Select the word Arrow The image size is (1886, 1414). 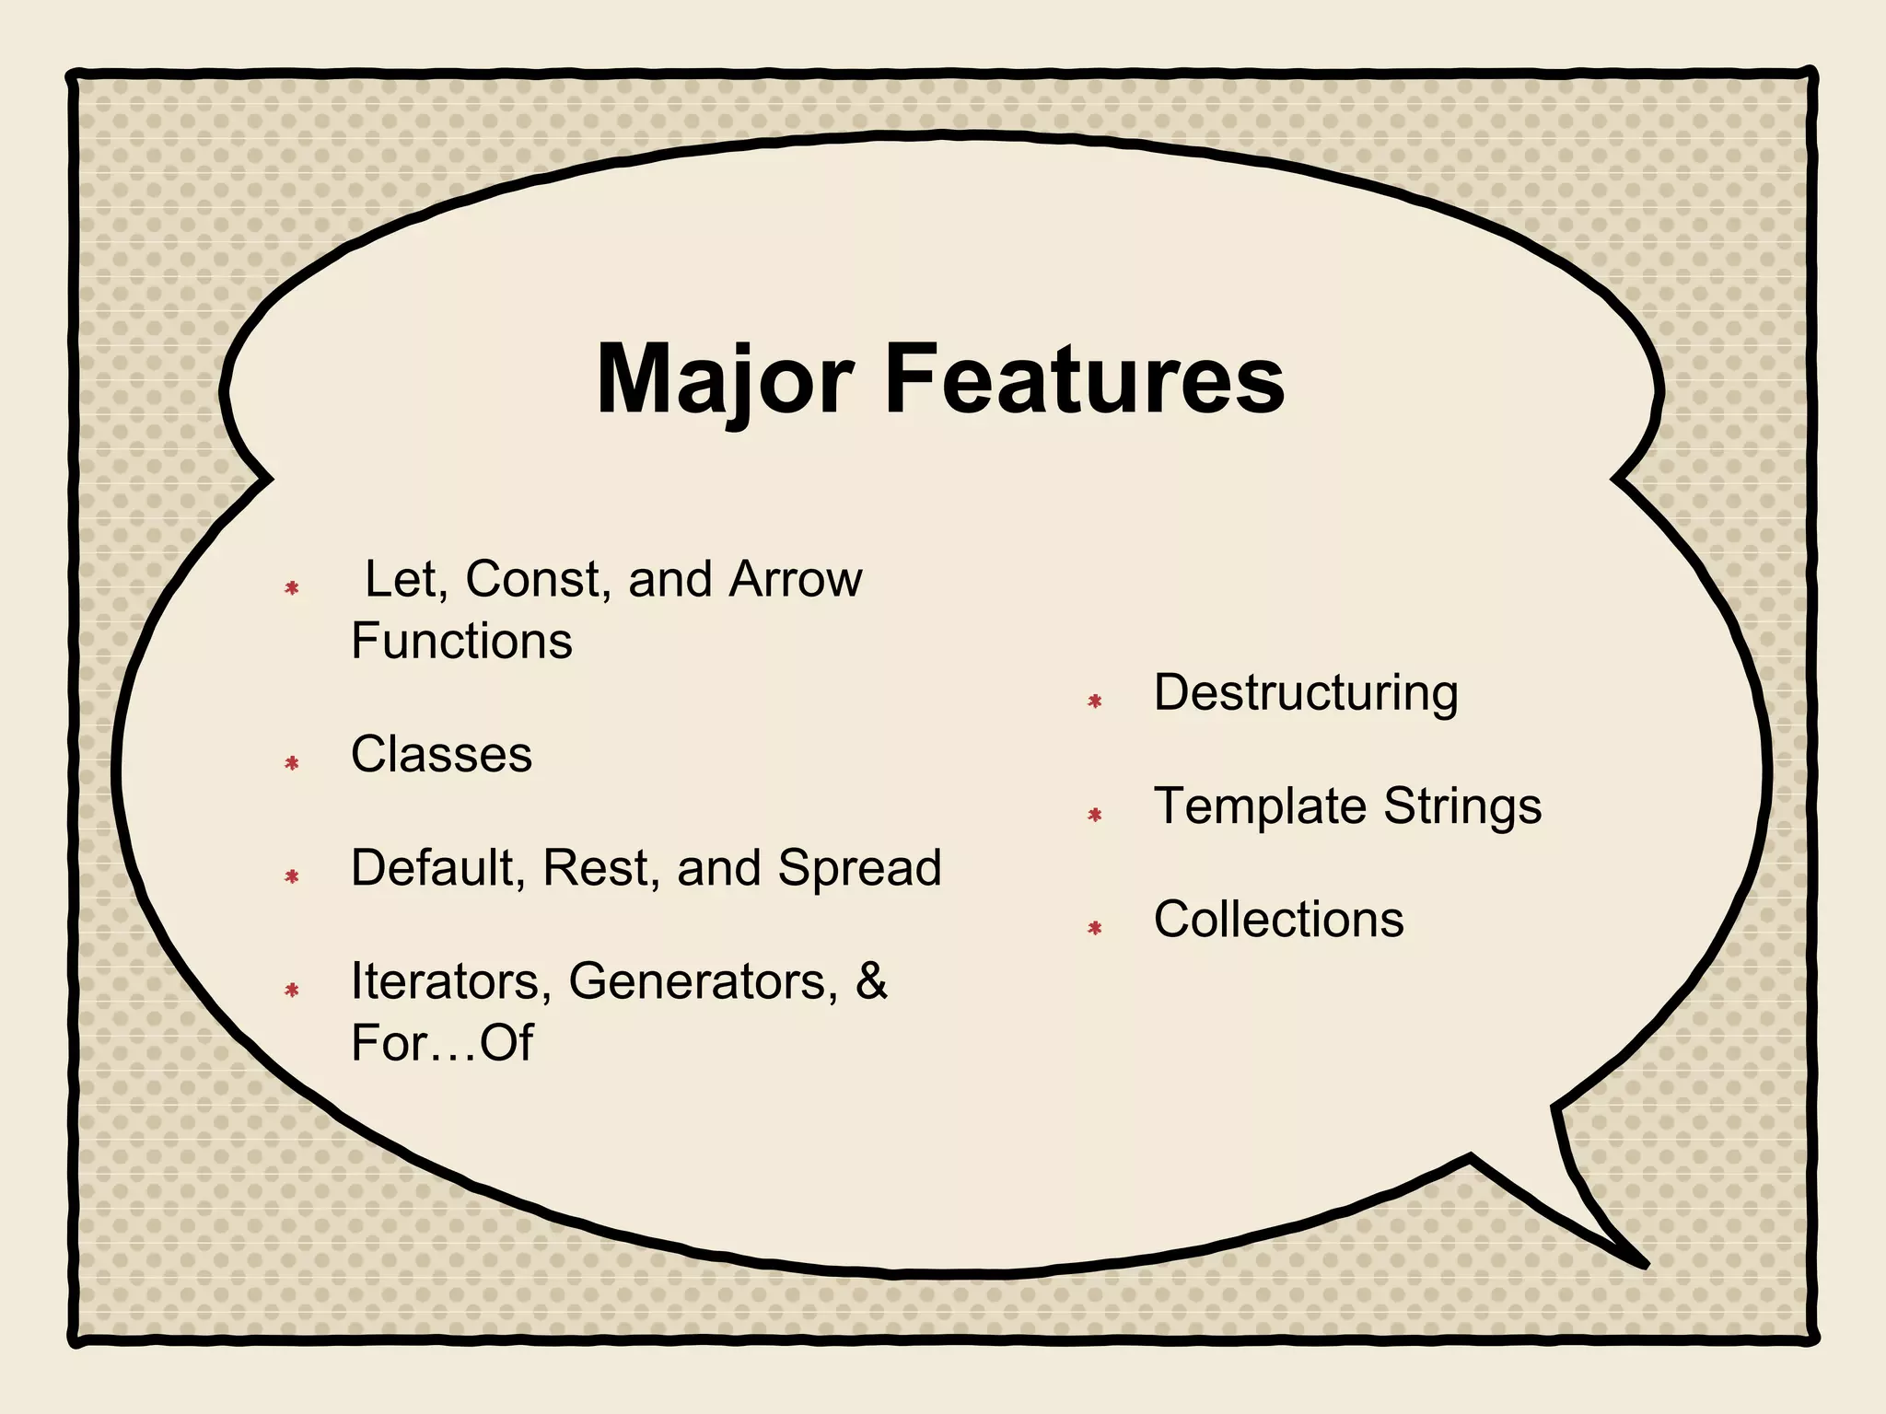[x=796, y=580]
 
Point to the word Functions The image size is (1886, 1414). [x=461, y=641]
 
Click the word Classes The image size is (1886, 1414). [x=441, y=755]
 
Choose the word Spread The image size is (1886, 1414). [x=859, y=868]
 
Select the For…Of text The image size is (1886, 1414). [x=441, y=1043]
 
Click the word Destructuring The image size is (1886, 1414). [x=1306, y=693]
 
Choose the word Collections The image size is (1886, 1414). [x=1278, y=920]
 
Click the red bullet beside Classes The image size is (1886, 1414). [x=292, y=763]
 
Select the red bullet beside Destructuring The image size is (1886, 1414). [x=1095, y=701]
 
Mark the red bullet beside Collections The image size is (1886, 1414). [x=1095, y=928]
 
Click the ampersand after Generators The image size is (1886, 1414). [x=871, y=981]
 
